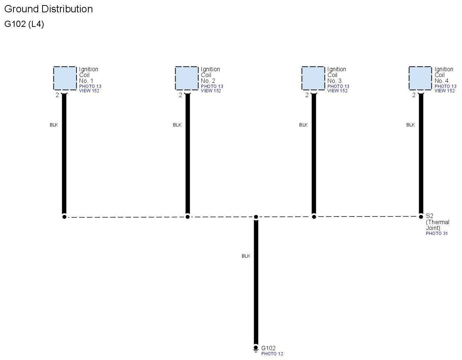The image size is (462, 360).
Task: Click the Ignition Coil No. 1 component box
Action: point(65,78)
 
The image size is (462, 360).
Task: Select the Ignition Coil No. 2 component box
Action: point(186,78)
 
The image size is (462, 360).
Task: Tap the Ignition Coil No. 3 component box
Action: point(313,78)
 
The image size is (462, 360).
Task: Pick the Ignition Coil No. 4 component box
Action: point(420,78)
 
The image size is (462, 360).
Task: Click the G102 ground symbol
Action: point(256,349)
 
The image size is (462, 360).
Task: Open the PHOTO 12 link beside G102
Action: point(272,354)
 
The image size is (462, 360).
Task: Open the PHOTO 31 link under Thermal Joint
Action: point(437,234)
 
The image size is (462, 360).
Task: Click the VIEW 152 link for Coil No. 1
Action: point(89,91)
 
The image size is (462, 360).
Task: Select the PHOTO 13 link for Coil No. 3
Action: point(338,86)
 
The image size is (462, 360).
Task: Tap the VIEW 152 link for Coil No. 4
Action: point(445,91)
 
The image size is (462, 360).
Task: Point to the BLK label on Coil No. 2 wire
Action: point(177,125)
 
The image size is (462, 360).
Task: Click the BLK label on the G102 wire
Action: point(246,256)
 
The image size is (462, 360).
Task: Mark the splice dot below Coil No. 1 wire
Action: point(64,217)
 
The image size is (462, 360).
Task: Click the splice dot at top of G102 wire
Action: point(256,217)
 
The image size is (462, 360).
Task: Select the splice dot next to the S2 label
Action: point(421,216)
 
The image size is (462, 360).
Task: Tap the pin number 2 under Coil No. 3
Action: point(307,95)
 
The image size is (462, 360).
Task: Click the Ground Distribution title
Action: point(48,9)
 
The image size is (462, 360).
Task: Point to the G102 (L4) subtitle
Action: point(24,24)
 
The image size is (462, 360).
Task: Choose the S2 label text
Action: point(429,216)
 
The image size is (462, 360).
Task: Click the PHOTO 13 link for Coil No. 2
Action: point(212,86)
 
